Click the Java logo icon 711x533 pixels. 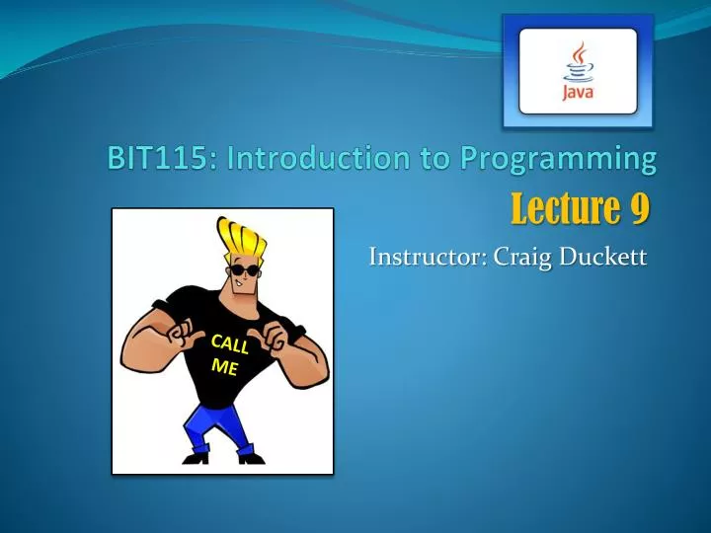click(578, 71)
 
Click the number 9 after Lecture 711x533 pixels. click(639, 209)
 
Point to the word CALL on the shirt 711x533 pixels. click(228, 345)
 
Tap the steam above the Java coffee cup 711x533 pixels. click(579, 52)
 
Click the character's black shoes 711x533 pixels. click(197, 455)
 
